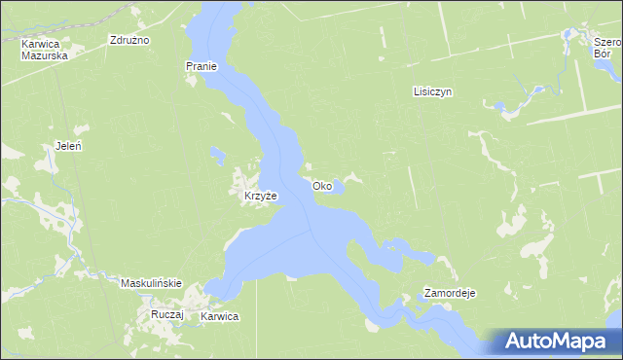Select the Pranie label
pos(201,66)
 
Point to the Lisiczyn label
pos(433,91)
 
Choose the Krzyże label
pos(260,196)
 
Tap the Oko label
pos(322,186)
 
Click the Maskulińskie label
pos(151,283)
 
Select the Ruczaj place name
pos(166,316)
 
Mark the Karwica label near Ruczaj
pos(220,317)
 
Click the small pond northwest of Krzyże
pos(216,154)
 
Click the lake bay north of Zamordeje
pos(409,250)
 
